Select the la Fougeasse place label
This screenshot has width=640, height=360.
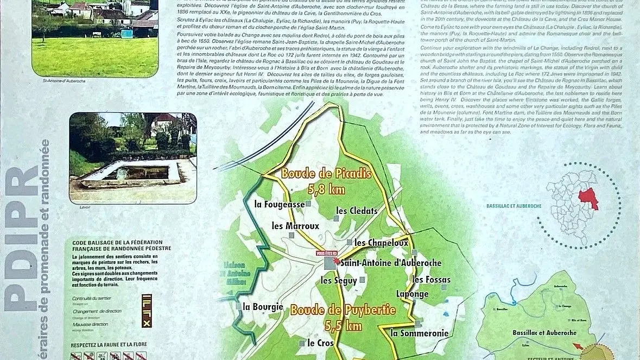tap(280, 204)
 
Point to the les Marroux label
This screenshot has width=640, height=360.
tap(295, 225)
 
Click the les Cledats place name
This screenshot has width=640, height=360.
tap(356, 210)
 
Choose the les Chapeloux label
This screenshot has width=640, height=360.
tap(381, 243)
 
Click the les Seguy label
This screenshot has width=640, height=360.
tap(339, 280)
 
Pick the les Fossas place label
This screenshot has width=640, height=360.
tap(431, 280)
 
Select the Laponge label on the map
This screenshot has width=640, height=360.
tap(412, 294)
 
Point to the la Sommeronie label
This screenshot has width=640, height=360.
tap(420, 333)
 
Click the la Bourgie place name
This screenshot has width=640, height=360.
tap(263, 307)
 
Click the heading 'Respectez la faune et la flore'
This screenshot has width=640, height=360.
tap(105, 345)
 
